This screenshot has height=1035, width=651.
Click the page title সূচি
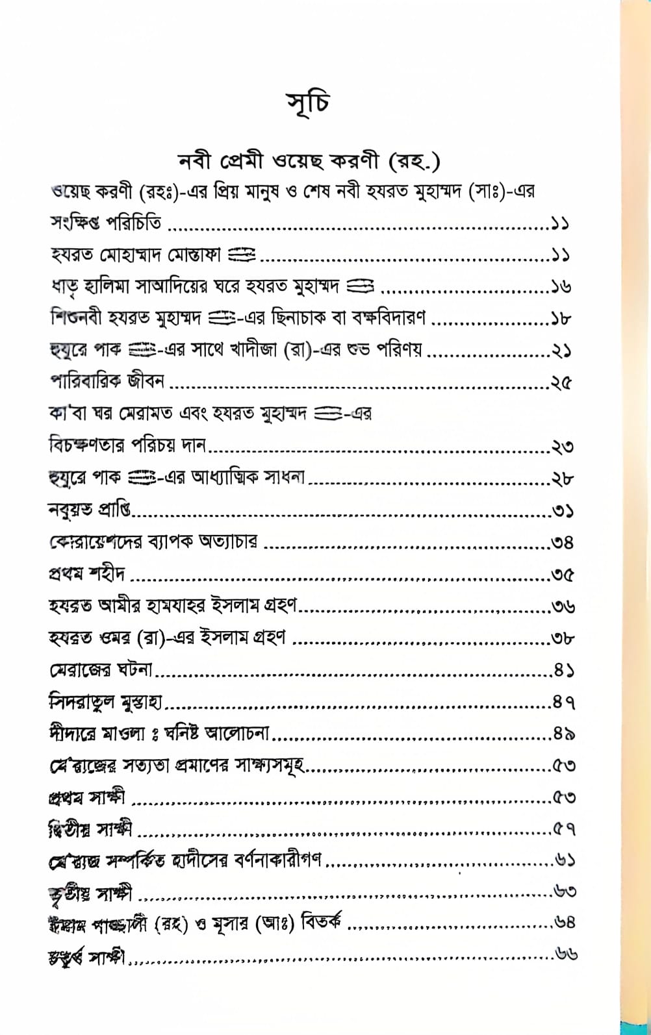[x=308, y=106]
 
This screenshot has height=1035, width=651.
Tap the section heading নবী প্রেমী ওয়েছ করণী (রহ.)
[x=310, y=160]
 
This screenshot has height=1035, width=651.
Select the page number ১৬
[x=561, y=287]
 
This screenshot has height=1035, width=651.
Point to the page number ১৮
[x=561, y=319]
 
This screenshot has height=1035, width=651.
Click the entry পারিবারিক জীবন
[x=108, y=382]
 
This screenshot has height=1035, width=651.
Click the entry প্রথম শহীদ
[x=87, y=574]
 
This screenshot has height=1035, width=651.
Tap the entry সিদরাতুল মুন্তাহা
[x=105, y=701]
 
